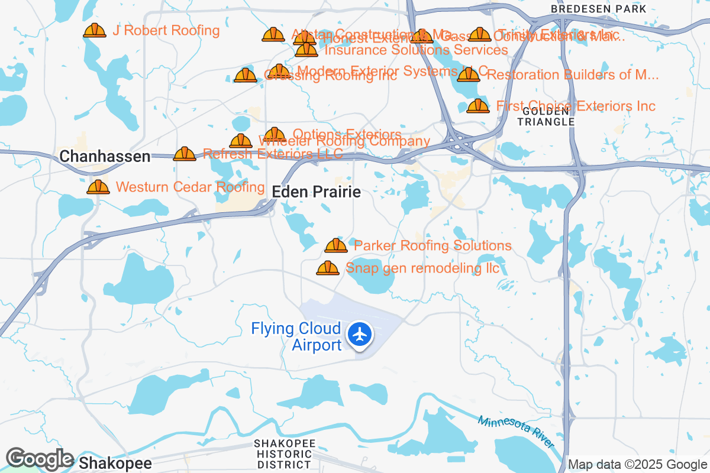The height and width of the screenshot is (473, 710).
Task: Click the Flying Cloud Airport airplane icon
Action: (x=359, y=335)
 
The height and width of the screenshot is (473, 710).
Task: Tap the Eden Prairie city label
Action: (x=316, y=192)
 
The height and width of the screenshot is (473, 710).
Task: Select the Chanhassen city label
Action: (x=97, y=157)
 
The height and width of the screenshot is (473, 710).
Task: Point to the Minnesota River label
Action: (x=517, y=432)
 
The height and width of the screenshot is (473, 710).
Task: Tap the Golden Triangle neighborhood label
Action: (x=545, y=116)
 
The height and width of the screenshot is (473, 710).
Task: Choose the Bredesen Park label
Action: (x=598, y=9)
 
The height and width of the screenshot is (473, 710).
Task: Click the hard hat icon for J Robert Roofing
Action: (x=95, y=31)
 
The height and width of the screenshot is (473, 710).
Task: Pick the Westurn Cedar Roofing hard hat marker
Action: (x=98, y=187)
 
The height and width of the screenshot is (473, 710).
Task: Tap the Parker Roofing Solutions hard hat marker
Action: (x=336, y=245)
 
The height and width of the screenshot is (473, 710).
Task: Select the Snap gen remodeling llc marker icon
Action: (x=328, y=268)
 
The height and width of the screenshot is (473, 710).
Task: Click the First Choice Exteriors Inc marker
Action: (x=477, y=106)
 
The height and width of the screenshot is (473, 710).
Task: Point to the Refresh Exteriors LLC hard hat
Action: (x=185, y=154)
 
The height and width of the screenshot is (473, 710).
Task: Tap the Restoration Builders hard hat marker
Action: (x=469, y=74)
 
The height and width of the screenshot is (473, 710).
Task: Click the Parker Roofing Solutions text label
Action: (x=433, y=245)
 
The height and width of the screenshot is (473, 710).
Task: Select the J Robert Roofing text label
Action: (x=166, y=31)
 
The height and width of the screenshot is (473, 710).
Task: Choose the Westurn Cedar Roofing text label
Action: (x=190, y=187)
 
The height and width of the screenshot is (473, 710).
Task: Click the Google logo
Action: (x=40, y=459)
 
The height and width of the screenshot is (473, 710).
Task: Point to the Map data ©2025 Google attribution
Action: (x=638, y=465)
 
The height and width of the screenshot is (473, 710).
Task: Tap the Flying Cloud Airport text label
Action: (x=296, y=336)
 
